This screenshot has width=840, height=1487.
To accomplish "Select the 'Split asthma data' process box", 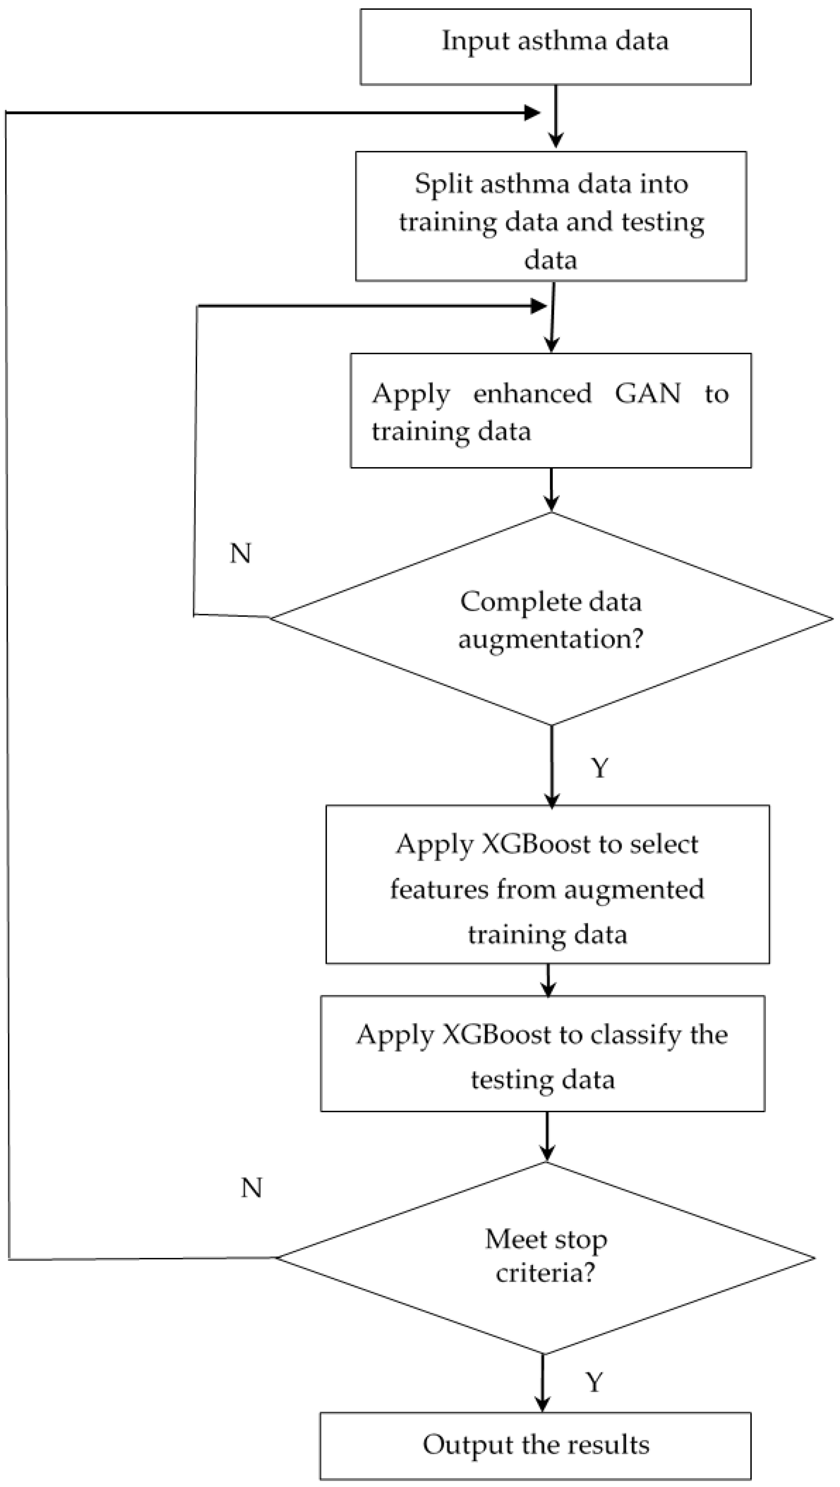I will coord(551,216).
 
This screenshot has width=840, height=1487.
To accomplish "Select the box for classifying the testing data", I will coord(543,1053).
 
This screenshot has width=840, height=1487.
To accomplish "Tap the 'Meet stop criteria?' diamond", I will coord(546,1258).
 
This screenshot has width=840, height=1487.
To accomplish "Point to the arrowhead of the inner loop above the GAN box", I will coord(538,306).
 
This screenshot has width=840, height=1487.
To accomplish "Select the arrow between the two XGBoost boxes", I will coord(548,981).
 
